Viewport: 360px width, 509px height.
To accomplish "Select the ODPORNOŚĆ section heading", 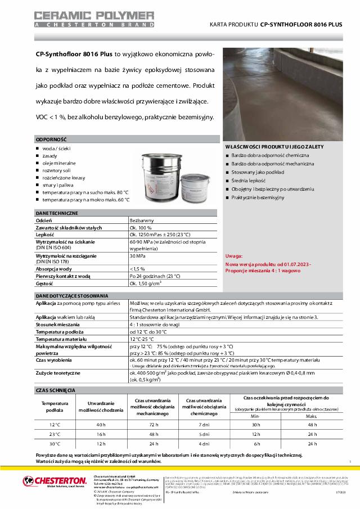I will tap(52, 138).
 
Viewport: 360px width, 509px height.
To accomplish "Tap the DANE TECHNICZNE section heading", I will tap(57, 214).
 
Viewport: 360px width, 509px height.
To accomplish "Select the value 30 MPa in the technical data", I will tap(138, 256).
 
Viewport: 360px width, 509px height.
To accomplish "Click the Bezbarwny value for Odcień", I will tap(141, 222).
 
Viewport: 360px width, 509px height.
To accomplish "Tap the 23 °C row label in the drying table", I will tap(55, 434).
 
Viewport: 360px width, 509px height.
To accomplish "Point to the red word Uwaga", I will tap(235, 255).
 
